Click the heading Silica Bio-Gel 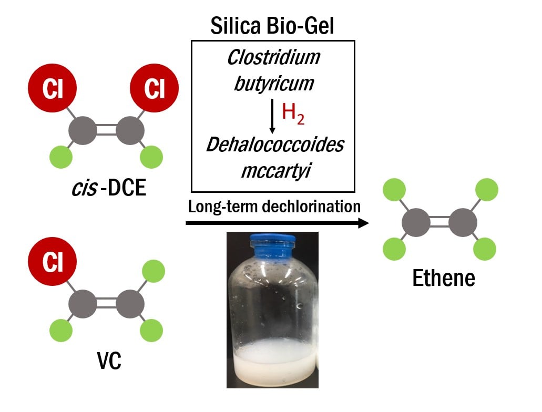[x=272, y=26]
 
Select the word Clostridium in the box [x=273, y=58]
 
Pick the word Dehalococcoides [x=274, y=145]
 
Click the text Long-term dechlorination [x=274, y=207]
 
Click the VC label [x=108, y=361]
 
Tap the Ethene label [x=443, y=278]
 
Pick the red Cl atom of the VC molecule [x=53, y=262]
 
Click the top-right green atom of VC [x=154, y=271]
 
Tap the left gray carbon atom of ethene [x=416, y=223]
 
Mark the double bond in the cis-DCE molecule [x=107, y=129]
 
